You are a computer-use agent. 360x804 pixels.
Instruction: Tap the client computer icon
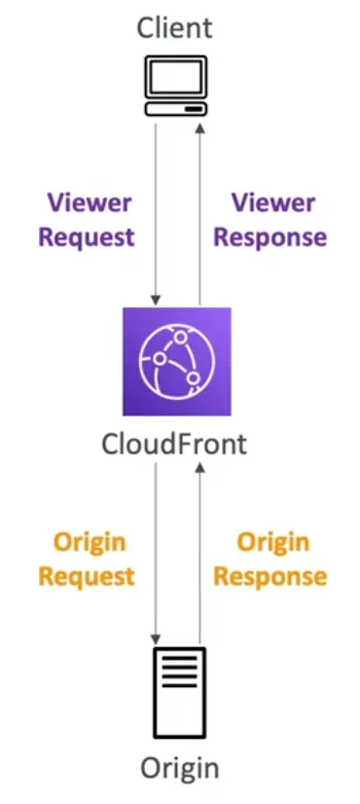(x=176, y=86)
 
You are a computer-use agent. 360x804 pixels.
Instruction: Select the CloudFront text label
(x=175, y=444)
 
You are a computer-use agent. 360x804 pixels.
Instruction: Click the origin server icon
(x=177, y=692)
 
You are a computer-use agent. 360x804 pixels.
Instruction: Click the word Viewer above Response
(x=271, y=203)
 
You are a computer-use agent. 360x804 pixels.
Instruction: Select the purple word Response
(x=270, y=238)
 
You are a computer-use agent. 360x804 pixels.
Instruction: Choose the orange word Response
(x=270, y=576)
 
